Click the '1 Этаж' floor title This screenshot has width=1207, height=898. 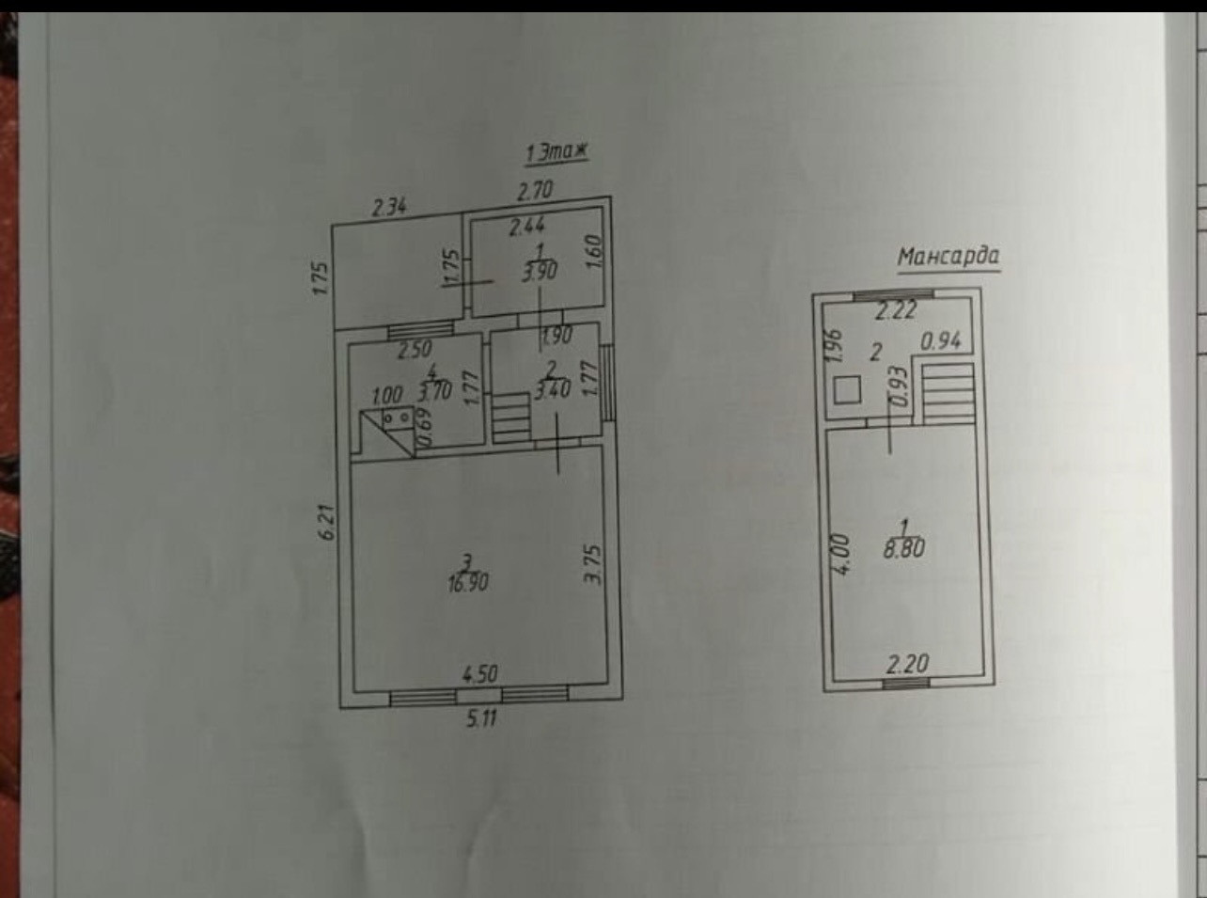pos(558,151)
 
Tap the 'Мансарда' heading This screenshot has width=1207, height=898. pos(948,256)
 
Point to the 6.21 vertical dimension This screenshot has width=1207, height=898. pos(326,521)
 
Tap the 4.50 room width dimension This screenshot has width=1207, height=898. pos(478,673)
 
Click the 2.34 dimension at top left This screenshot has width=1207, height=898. pos(388,206)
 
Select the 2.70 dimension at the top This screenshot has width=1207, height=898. pos(535,190)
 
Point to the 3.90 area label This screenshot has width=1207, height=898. pos(540,272)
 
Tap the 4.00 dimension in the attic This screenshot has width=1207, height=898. pos(841,555)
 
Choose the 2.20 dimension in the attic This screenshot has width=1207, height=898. pos(907,664)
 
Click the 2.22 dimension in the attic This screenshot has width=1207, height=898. pos(895,310)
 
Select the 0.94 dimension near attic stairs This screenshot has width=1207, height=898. pos(940,340)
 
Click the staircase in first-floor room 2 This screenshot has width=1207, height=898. pos(510,417)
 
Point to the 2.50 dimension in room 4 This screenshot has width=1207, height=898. pos(415,351)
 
